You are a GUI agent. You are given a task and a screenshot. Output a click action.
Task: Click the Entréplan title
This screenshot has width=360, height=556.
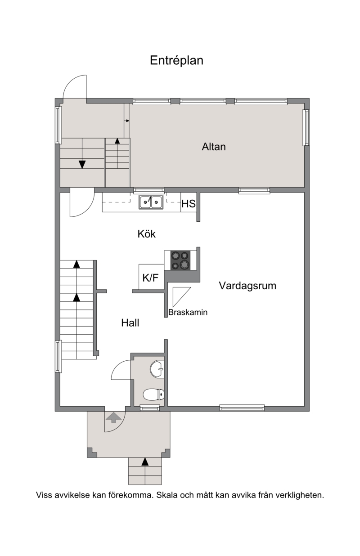click(176, 61)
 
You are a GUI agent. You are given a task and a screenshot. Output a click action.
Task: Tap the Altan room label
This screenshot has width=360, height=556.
click(214, 147)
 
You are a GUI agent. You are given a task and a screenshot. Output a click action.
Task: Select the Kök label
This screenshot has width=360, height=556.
click(147, 234)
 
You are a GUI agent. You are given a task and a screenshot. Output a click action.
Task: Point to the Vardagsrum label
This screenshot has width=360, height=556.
click(247, 286)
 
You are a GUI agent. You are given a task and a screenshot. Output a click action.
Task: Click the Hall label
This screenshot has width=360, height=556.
click(130, 323)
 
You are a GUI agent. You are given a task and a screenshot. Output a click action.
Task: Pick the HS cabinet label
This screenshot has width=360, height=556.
click(189, 204)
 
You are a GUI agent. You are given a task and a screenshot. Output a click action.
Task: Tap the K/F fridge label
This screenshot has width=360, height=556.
click(150, 278)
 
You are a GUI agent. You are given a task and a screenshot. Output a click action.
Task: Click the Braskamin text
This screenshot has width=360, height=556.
click(188, 312)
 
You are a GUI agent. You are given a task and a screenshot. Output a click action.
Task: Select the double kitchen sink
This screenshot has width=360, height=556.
click(151, 202)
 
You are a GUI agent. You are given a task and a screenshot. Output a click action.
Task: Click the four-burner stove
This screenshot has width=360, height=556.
click(180, 260)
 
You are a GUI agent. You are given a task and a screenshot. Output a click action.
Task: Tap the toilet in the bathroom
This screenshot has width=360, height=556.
click(154, 394)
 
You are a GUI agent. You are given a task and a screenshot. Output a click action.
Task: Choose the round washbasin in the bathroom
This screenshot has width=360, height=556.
click(157, 369)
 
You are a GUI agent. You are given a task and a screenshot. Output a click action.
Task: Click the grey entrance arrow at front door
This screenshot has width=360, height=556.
click(114, 417)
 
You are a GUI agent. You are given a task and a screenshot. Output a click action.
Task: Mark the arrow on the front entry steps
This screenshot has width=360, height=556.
click(145, 462)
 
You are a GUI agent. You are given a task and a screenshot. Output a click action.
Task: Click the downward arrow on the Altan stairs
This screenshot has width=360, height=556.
click(82, 164)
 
